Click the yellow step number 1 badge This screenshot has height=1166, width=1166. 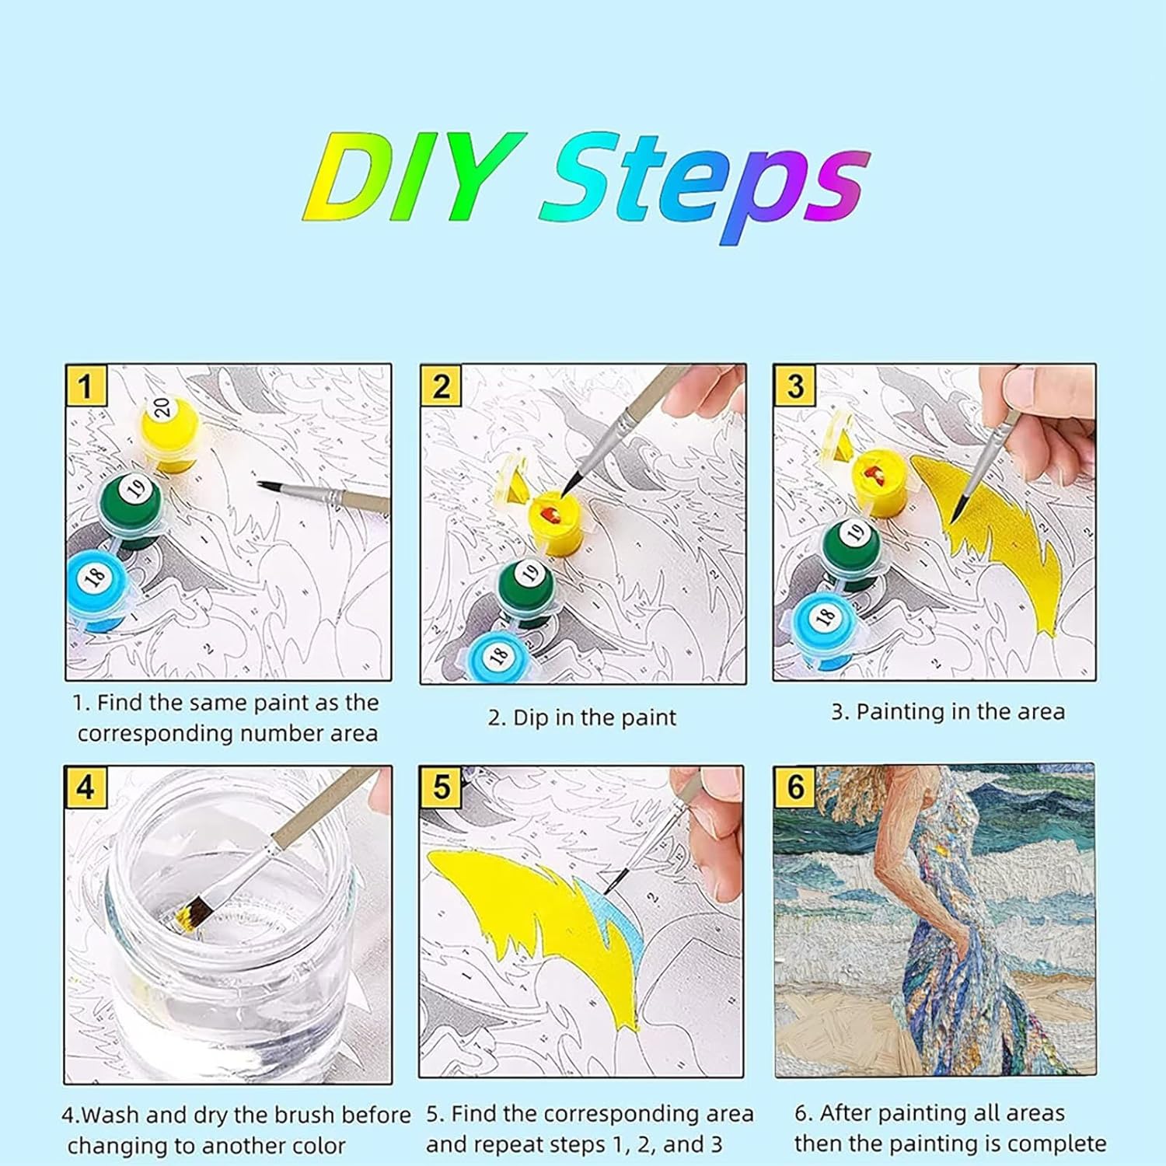[x=86, y=386]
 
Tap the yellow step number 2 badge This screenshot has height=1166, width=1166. [x=441, y=386]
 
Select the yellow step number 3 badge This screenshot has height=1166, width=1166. [x=794, y=386]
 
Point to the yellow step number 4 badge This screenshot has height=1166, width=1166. [x=86, y=787]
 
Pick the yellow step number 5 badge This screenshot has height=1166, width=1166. [x=441, y=787]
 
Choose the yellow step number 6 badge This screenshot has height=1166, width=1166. [x=795, y=786]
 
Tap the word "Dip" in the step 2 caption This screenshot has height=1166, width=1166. [x=531, y=718]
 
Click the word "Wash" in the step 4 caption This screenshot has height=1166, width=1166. [x=111, y=1115]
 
